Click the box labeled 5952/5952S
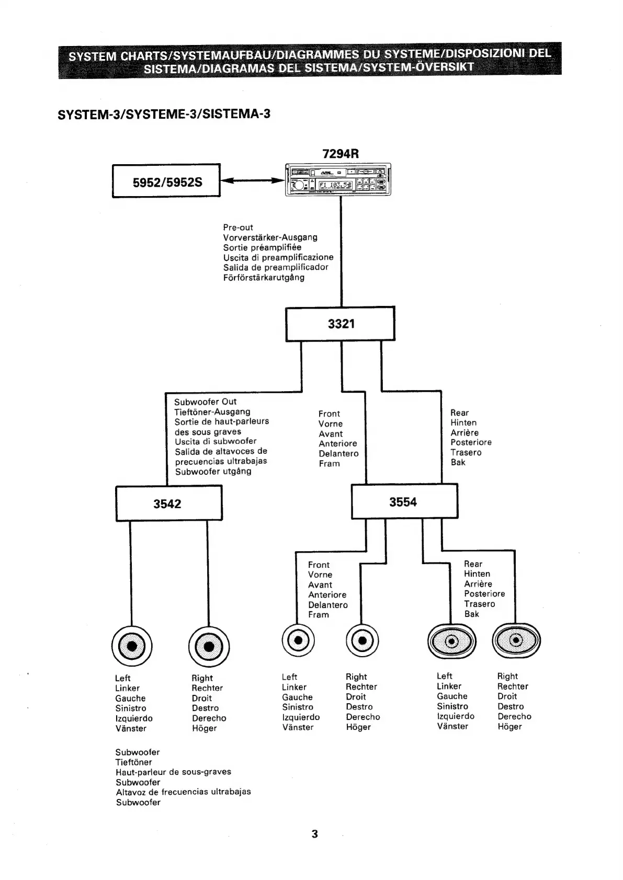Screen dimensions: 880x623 (x=166, y=181)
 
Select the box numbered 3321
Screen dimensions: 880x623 (x=340, y=324)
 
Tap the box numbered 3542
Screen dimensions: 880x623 (x=168, y=503)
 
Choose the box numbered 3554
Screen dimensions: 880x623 (x=404, y=501)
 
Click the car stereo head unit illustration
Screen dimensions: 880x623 (x=338, y=179)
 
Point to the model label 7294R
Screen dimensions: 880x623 (x=341, y=153)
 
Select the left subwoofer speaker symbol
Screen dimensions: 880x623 (x=132, y=646)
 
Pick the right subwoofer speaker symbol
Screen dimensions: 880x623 (x=209, y=646)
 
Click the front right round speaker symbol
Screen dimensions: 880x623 (x=362, y=641)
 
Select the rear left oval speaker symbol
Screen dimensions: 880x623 (x=452, y=641)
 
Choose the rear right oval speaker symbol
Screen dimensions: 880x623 (x=516, y=641)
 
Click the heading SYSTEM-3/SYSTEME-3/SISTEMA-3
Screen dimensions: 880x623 (x=164, y=114)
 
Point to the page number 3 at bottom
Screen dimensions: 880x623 (x=314, y=834)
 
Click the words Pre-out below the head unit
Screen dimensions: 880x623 (x=238, y=227)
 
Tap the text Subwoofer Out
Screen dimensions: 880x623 (x=205, y=402)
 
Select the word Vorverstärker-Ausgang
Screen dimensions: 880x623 (x=270, y=237)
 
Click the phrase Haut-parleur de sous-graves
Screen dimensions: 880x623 (x=173, y=772)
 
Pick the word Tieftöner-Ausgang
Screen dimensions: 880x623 (x=212, y=412)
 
